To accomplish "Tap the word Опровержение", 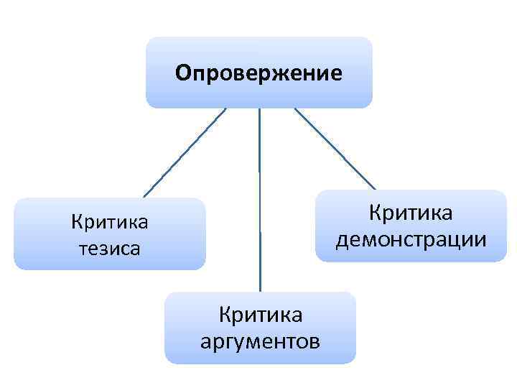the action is point(259,73).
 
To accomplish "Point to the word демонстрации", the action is point(411,238).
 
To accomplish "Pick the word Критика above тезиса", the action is point(110,221).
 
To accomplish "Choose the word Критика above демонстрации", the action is point(411,212).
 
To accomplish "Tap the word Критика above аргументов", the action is point(261,314).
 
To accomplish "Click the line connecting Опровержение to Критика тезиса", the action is point(184,152).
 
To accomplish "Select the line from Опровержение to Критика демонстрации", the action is point(334,149).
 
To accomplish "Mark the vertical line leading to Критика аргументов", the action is point(259,201).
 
